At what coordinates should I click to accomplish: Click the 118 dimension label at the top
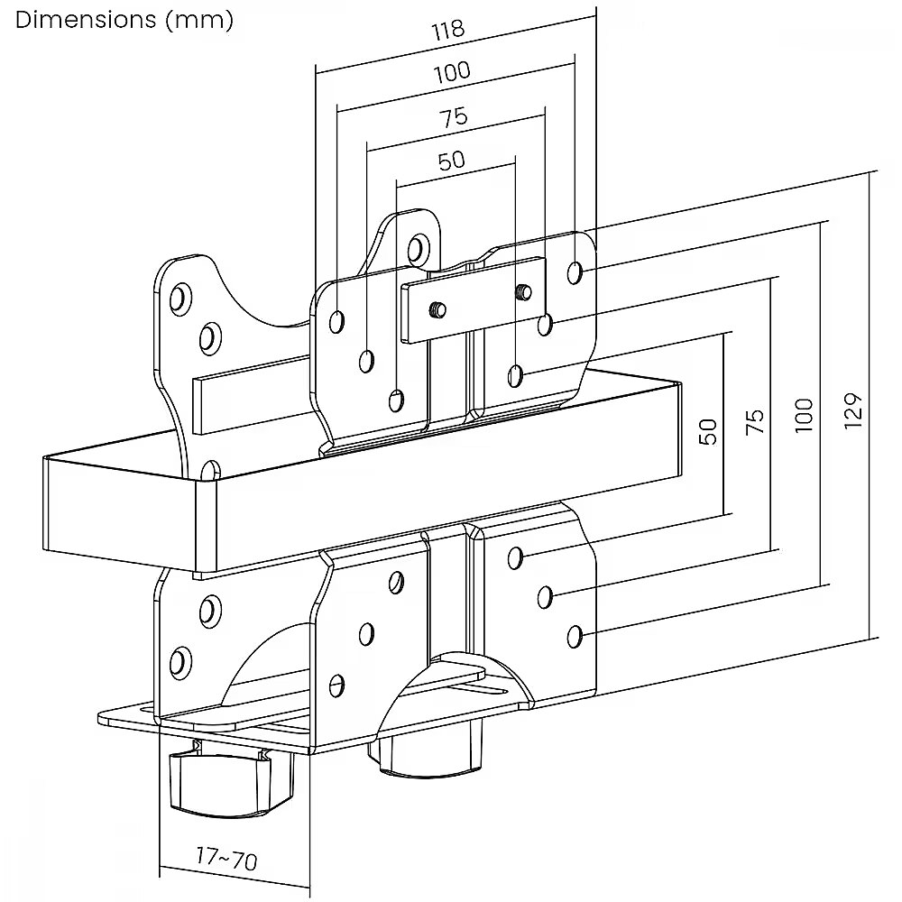pos(447,29)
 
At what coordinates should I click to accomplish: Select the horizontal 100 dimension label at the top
pos(451,71)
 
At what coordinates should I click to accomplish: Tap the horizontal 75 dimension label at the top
pos(453,117)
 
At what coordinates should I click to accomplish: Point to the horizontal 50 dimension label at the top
pos(451,161)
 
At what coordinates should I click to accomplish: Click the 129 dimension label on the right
pos(856,410)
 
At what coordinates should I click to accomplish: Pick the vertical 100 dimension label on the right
pos(805,414)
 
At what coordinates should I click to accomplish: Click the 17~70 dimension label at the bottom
pos(226,858)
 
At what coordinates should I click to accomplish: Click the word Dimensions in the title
pos(87,20)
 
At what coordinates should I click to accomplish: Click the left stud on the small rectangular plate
pos(437,309)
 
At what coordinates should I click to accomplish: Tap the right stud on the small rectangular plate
pos(522,290)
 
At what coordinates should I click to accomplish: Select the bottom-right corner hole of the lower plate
pos(575,637)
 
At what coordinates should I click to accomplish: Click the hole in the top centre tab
pos(417,247)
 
